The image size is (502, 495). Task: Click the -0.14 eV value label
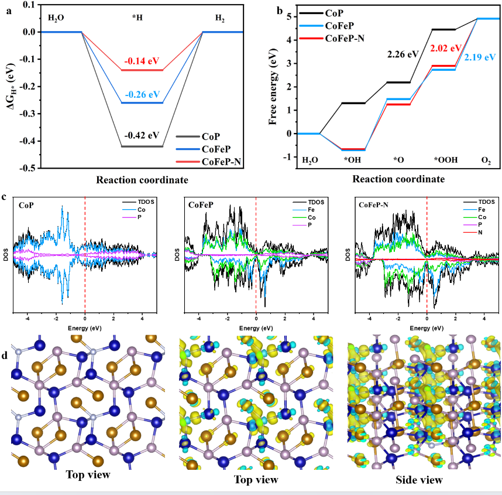[x=142, y=60]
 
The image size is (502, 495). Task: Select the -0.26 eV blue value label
[x=142, y=94]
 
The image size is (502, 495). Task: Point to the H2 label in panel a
[x=219, y=18]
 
